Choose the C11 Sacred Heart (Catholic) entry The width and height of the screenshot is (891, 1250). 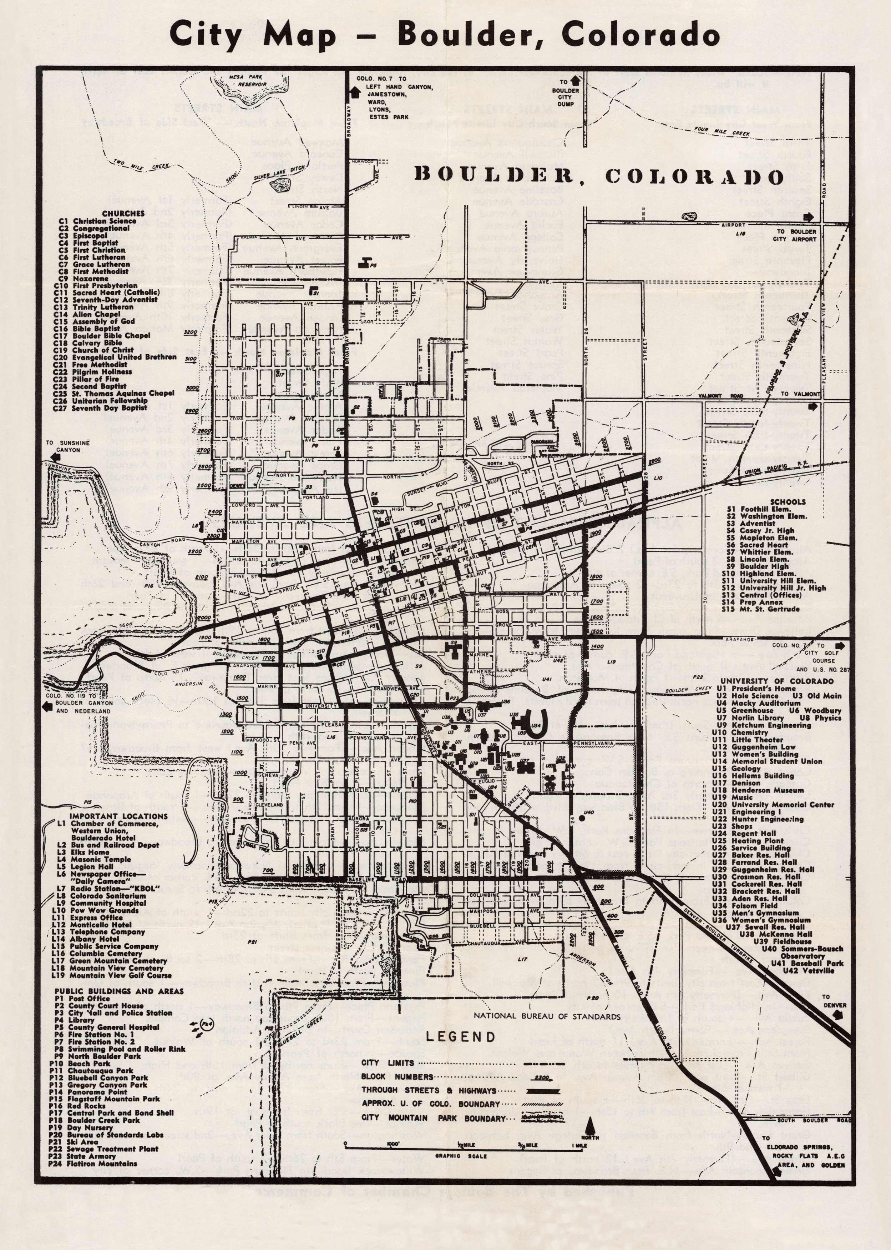pyautogui.click(x=108, y=292)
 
